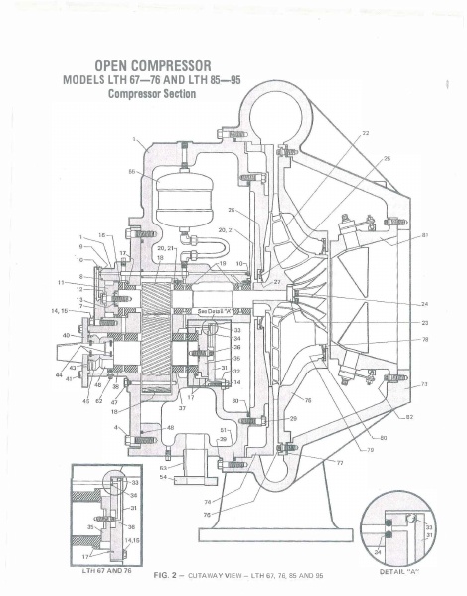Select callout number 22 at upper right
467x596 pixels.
(365, 132)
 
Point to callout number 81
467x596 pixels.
(424, 235)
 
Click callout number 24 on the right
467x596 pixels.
(423, 304)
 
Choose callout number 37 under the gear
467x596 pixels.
(183, 407)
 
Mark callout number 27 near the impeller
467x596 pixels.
(278, 283)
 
